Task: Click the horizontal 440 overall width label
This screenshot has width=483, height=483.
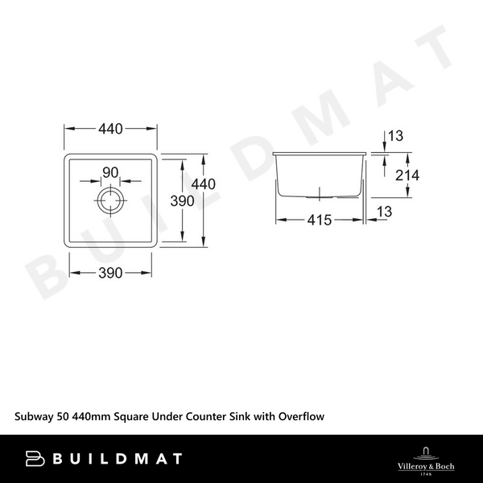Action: (x=110, y=129)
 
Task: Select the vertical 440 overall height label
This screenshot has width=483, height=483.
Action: (x=204, y=184)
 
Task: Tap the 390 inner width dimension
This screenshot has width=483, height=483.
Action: (x=110, y=273)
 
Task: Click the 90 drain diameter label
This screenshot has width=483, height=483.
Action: (x=110, y=171)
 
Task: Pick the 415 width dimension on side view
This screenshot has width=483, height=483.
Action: (x=320, y=220)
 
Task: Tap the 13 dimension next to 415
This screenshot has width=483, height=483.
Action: (x=395, y=211)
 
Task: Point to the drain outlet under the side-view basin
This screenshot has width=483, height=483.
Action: (x=320, y=194)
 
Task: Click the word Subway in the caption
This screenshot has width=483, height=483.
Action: (x=35, y=416)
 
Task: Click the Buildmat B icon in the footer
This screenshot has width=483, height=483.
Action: (x=35, y=459)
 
